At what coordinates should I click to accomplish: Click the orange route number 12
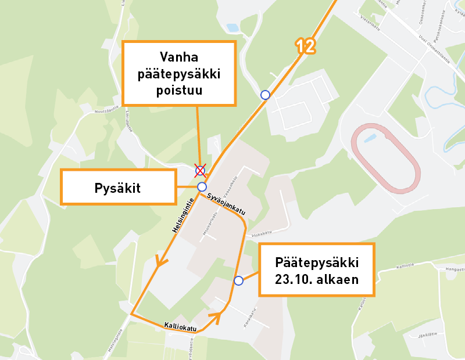(305, 46)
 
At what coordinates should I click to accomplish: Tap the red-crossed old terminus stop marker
(200, 170)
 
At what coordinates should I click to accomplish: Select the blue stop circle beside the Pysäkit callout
(202, 186)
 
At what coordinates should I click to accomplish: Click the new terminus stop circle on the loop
(238, 280)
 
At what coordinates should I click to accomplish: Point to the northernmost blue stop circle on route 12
(265, 95)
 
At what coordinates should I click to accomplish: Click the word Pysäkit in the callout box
(118, 188)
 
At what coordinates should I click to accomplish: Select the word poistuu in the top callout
(179, 91)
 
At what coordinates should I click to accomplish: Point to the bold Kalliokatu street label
(181, 326)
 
